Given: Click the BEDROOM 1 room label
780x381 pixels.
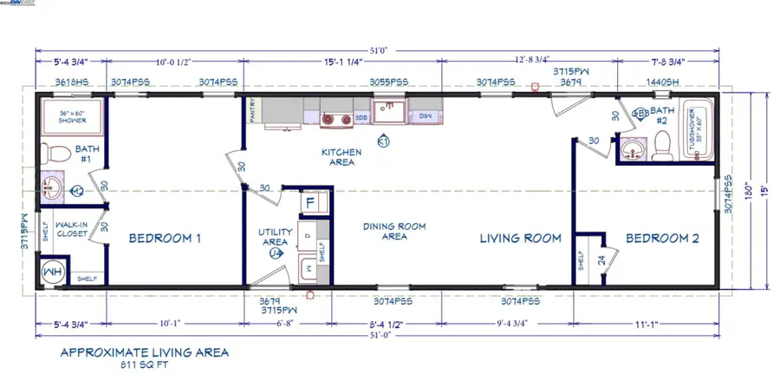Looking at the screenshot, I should [x=165, y=238].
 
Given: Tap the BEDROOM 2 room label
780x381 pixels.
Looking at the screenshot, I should [x=663, y=238].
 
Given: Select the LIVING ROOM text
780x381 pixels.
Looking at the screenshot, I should [x=521, y=238].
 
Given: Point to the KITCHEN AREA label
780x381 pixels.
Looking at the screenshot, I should [x=341, y=157].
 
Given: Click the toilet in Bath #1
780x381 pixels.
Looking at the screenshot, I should [x=58, y=154].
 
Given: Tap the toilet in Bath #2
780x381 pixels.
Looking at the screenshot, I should [x=661, y=146].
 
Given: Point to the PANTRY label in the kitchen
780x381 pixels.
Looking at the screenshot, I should [x=252, y=112].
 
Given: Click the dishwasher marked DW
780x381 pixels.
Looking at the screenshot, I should [x=425, y=115].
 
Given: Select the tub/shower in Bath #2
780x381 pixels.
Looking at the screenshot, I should [x=698, y=132].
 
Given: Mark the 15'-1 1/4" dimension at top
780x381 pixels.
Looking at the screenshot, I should [x=341, y=61].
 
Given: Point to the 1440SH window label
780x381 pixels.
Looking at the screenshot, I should [x=663, y=81].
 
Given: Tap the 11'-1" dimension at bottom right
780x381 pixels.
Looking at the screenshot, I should [x=646, y=324].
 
